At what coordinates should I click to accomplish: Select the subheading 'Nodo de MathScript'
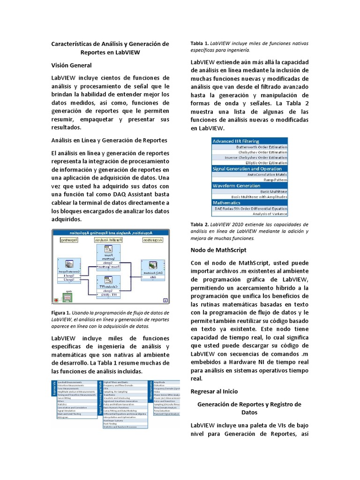[218, 250]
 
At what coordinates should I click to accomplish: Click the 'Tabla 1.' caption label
[199, 43]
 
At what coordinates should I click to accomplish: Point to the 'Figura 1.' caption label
[61, 312]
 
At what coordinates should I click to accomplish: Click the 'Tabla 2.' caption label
[199, 225]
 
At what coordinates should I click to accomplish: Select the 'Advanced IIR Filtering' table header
[236, 141]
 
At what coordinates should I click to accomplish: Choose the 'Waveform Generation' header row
[237, 186]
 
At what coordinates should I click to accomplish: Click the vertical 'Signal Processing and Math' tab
[100, 398]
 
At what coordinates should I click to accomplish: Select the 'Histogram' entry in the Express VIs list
[63, 417]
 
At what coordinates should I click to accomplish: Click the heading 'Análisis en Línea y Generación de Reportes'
[109, 140]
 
